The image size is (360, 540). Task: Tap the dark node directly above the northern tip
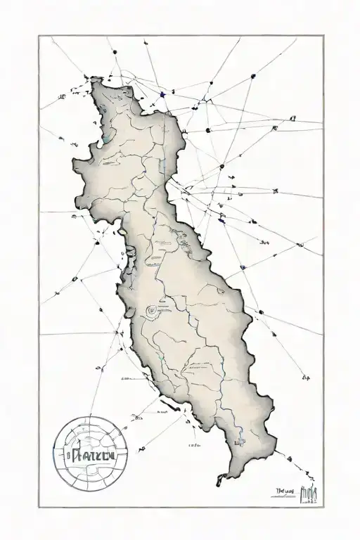point(112,51)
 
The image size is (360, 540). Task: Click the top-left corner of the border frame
point(39,35)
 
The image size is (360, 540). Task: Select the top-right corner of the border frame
point(323,35)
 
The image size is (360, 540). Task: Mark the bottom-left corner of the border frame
point(39,507)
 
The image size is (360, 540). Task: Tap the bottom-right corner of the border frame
point(323,507)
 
